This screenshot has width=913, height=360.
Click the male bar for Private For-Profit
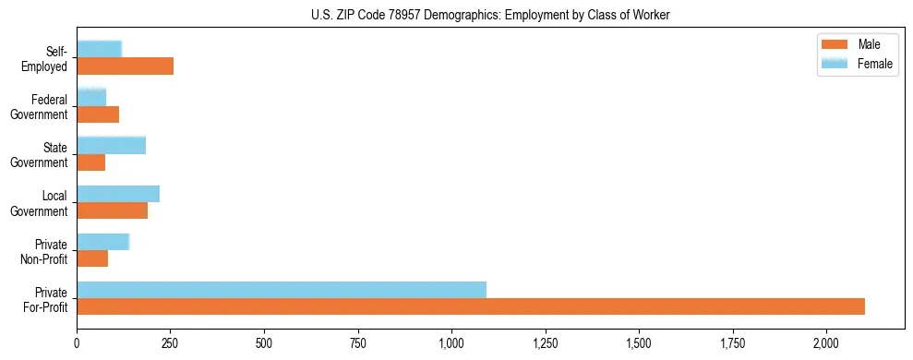[471, 306]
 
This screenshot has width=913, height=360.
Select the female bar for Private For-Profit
[282, 290]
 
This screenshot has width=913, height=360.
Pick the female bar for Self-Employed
[100, 50]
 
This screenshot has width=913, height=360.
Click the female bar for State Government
[112, 146]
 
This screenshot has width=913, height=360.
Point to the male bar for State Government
[91, 162]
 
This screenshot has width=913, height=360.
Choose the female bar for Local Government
[118, 194]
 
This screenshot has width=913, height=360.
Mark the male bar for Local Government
[113, 210]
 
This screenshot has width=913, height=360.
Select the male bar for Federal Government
[98, 114]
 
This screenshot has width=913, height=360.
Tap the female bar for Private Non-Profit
[103, 242]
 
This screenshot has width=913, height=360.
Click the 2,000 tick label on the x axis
[826, 343]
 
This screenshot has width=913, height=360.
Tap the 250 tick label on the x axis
[171, 343]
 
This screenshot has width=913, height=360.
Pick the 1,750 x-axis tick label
[732, 343]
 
